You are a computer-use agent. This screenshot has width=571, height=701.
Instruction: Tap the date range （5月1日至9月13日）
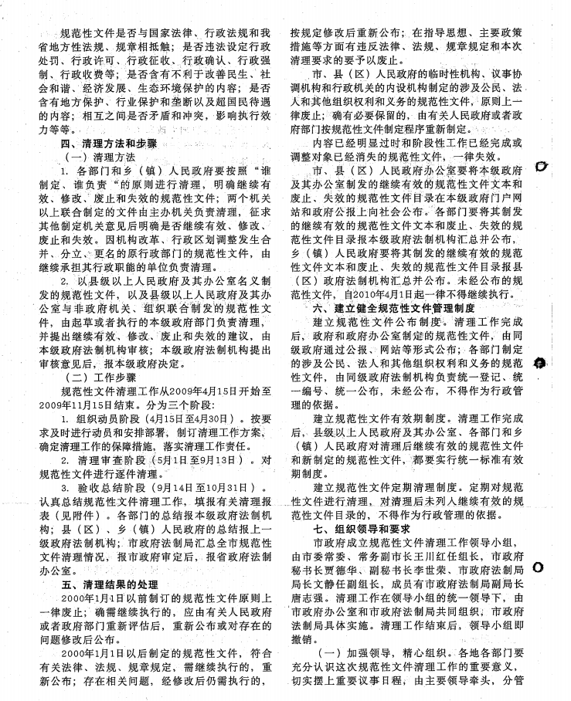187,460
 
